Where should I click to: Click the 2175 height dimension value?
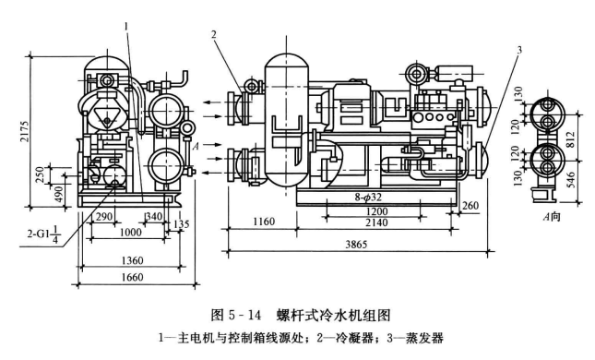pyautogui.click(x=25, y=131)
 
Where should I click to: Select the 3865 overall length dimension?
pyautogui.click(x=356, y=245)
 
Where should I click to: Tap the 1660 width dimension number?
pyautogui.click(x=133, y=277)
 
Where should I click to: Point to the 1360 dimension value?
pyautogui.click(x=133, y=260)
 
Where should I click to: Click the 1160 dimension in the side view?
pyautogui.click(x=264, y=222)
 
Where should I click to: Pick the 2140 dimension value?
pyautogui.click(x=376, y=222)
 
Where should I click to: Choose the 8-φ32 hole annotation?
pyautogui.click(x=369, y=198)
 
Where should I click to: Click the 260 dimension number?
pyautogui.click(x=470, y=206)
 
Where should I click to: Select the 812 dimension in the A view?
pyautogui.click(x=570, y=139)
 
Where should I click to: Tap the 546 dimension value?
pyautogui.click(x=570, y=180)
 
